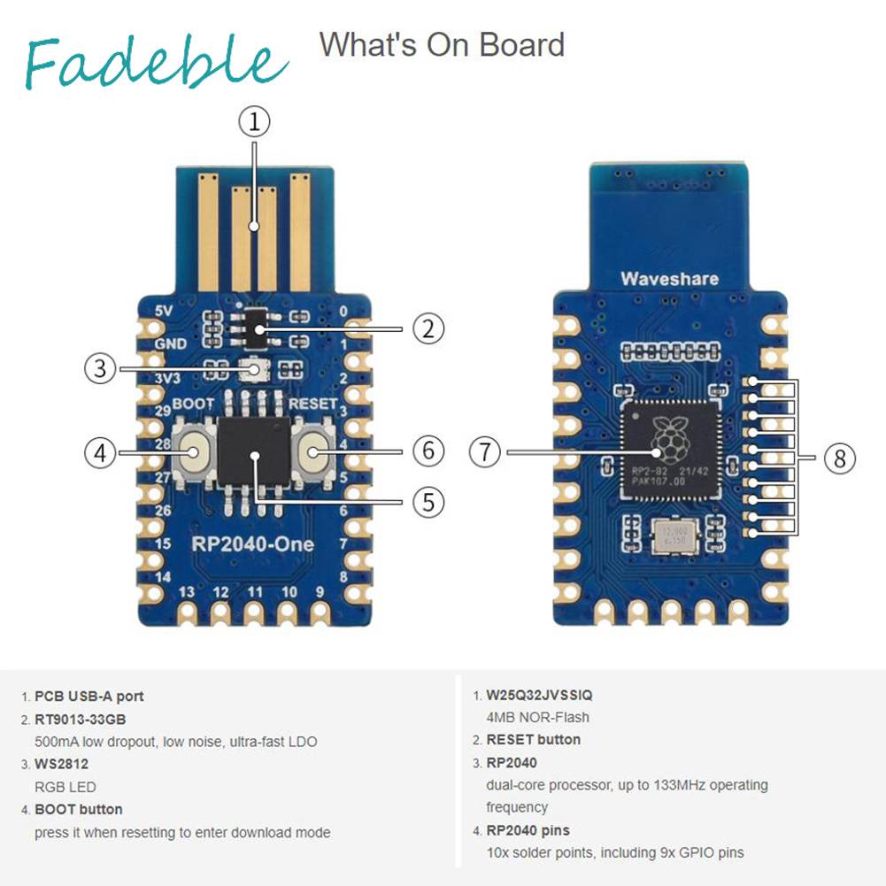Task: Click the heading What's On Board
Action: coord(442,44)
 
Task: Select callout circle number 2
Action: coord(428,329)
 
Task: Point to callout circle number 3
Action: coord(101,368)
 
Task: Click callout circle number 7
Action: coord(485,453)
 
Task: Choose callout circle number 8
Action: coord(839,458)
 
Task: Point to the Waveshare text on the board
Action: coord(669,279)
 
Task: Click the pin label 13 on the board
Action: coord(188,591)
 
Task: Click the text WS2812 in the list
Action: coord(61,764)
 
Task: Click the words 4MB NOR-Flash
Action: coord(537,717)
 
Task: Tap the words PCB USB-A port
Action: coord(89,697)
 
